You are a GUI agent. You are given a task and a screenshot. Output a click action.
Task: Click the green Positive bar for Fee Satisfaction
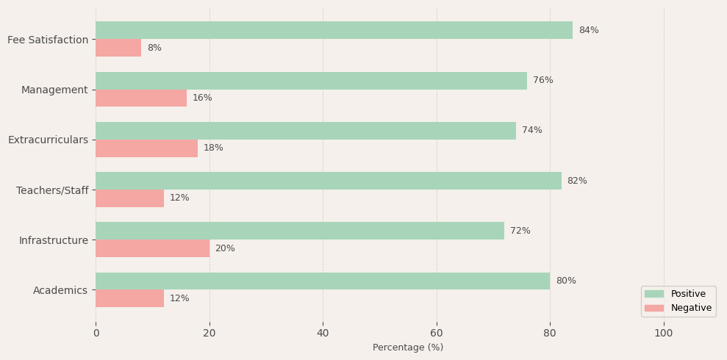pos(334,30)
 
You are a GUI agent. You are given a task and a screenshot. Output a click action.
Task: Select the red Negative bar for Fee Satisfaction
pos(118,48)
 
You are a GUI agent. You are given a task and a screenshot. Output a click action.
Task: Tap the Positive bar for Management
pos(311,81)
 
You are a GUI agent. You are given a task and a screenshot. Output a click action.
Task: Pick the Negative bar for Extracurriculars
pos(146,148)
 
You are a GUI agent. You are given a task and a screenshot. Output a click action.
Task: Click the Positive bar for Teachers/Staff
pos(328,181)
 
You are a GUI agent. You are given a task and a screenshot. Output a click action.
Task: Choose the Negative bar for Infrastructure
pos(152,248)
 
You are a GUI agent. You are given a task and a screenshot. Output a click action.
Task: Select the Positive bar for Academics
pos(323,281)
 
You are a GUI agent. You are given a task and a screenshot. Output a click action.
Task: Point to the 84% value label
pos(589,30)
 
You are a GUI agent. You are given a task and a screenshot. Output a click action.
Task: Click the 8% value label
pos(154,48)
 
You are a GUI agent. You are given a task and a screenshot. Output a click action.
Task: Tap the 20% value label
pos(225,248)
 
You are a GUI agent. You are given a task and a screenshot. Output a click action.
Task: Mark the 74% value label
pos(532,131)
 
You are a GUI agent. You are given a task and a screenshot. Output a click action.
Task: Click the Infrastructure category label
pos(54,240)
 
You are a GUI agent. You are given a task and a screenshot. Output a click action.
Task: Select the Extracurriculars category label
pos(48,140)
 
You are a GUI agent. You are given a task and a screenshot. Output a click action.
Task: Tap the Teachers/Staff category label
pos(52,190)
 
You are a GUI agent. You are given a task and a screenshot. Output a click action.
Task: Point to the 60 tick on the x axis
pos(437,333)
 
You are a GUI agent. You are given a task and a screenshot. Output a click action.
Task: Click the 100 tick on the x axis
pos(664,333)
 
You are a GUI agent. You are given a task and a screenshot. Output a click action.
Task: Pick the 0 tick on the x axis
pos(96,333)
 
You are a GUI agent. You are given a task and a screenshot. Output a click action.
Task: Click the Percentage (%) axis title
pos(408,348)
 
